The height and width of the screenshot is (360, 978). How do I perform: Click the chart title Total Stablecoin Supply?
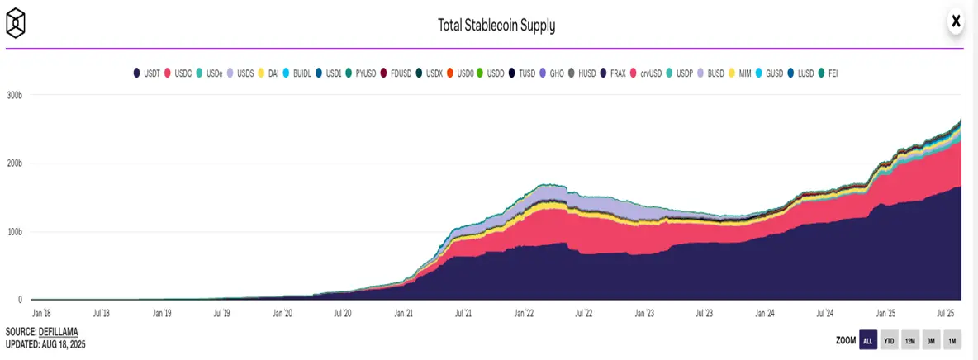pos(496,26)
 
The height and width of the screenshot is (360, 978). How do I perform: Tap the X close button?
pos(955,21)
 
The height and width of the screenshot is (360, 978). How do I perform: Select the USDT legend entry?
pos(146,73)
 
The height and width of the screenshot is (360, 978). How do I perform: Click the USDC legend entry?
pos(178,73)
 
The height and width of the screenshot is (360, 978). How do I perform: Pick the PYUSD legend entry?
pos(360,73)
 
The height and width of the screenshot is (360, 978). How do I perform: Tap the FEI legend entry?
pos(828,73)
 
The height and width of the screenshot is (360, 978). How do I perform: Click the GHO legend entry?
pos(552,73)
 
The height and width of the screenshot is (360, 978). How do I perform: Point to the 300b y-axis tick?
pos(15,95)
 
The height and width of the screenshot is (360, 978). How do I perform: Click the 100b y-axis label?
pos(15,232)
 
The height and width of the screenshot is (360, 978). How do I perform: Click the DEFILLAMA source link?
pos(58,332)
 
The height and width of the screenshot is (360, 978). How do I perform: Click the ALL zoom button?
pos(868,341)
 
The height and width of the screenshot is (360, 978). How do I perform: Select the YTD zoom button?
pos(889,341)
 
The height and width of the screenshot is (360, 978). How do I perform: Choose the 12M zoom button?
pos(910,341)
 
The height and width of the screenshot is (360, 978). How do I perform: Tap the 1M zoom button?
pos(952,341)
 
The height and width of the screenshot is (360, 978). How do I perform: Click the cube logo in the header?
pos(16,23)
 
